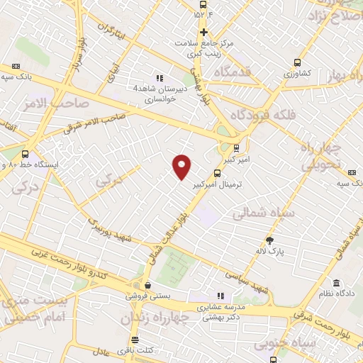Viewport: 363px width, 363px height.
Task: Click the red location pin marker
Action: click(x=182, y=166)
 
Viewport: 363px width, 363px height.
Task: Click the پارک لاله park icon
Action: click(x=269, y=240)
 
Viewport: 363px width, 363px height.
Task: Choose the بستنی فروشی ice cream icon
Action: click(x=147, y=286)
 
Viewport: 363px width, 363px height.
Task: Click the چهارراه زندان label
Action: click(x=155, y=319)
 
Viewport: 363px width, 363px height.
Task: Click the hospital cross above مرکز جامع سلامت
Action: click(x=203, y=32)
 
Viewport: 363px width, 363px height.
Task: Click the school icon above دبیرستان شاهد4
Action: click(x=160, y=78)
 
